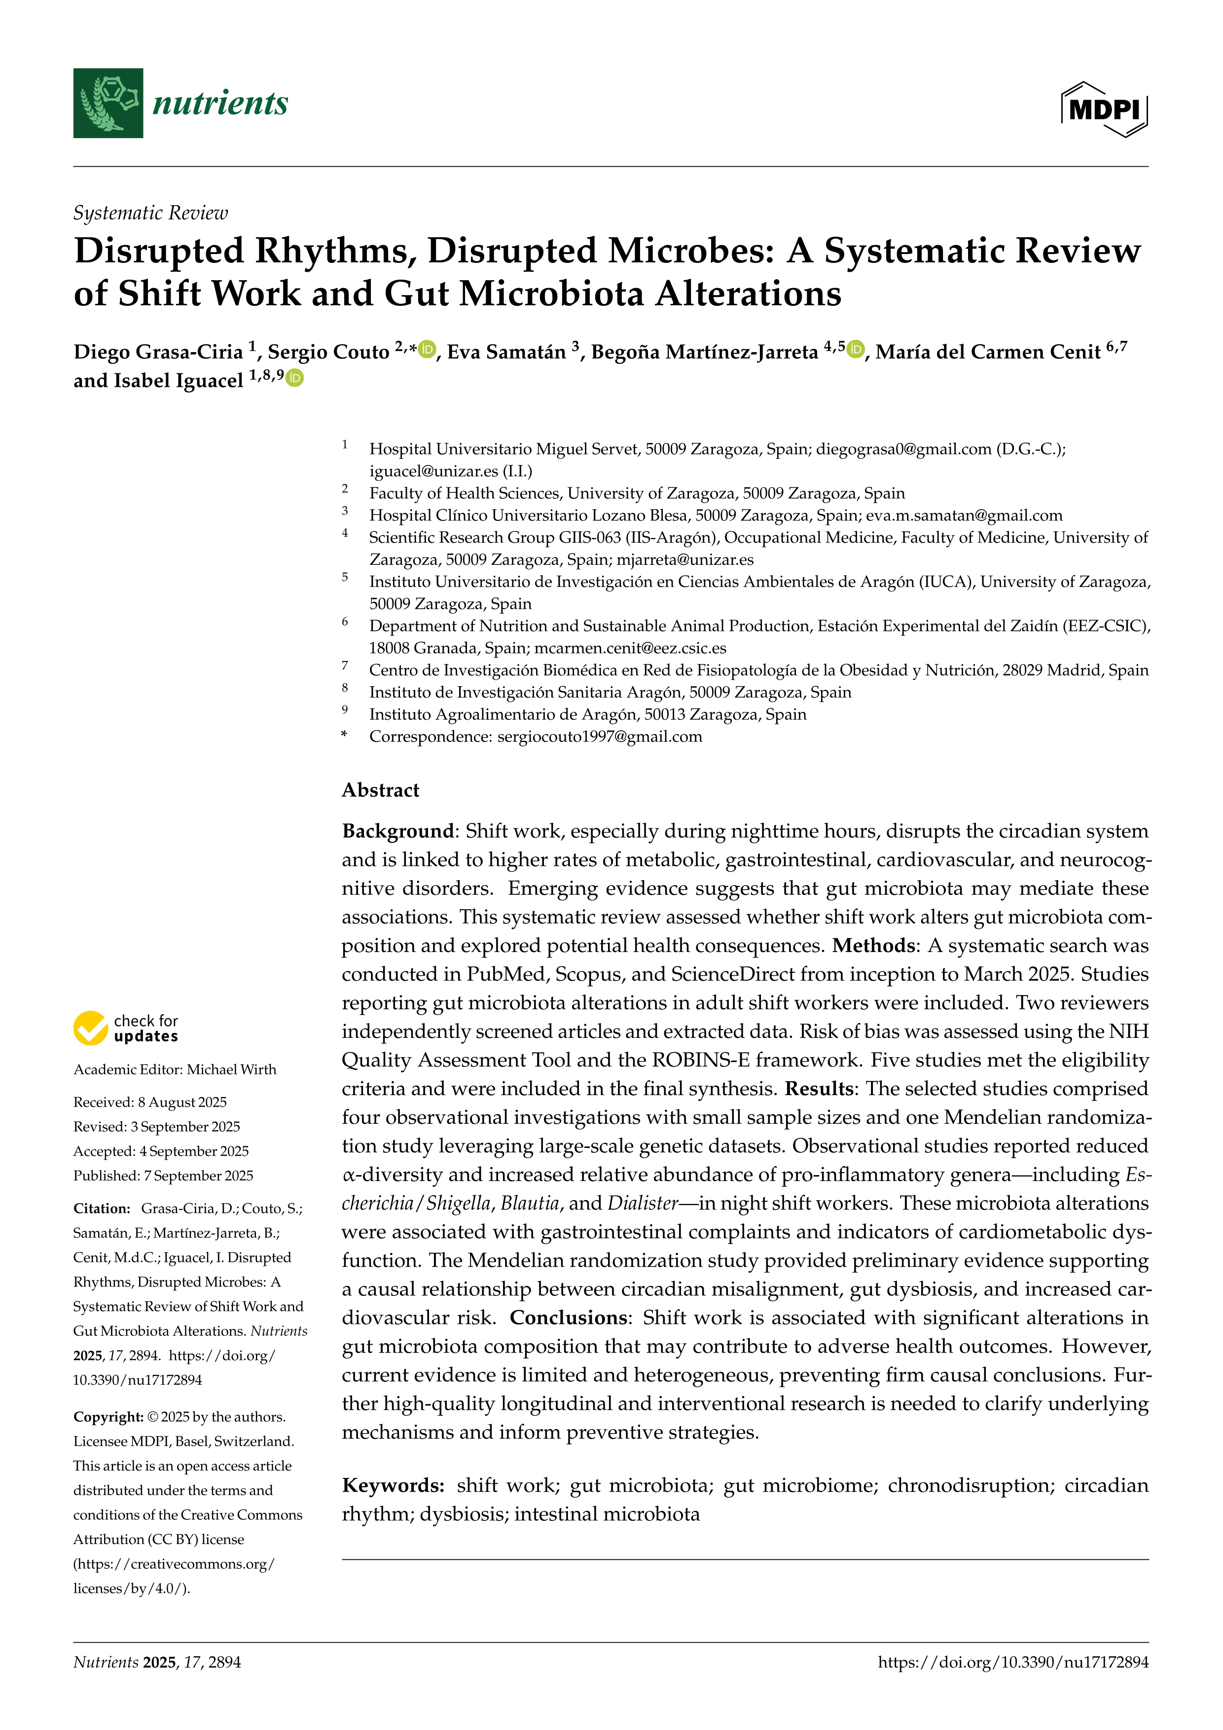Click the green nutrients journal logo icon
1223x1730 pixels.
point(108,103)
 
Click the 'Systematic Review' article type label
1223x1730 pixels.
point(150,213)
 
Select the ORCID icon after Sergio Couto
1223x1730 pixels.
point(427,350)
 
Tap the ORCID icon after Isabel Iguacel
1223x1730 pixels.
point(294,378)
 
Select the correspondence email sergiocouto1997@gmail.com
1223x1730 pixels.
point(600,737)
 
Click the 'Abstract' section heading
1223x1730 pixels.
point(380,790)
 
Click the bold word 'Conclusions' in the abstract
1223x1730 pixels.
point(569,1318)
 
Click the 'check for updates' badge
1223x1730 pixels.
point(126,1028)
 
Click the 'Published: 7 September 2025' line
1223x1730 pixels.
point(163,1176)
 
